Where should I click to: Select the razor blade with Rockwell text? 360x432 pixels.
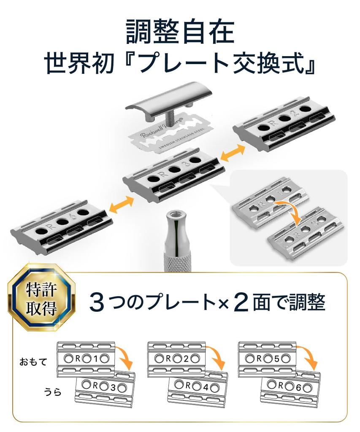pyautogui.click(x=170, y=133)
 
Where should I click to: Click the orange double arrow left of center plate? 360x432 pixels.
pyautogui.click(x=122, y=205)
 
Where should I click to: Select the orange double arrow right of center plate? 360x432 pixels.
pyautogui.click(x=233, y=154)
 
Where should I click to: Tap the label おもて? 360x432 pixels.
pyautogui.click(x=33, y=362)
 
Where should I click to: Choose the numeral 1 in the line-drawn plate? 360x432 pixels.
pyautogui.click(x=96, y=359)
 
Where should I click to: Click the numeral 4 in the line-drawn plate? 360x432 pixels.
pyautogui.click(x=205, y=388)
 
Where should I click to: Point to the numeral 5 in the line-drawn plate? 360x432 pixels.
pyautogui.click(x=277, y=359)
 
